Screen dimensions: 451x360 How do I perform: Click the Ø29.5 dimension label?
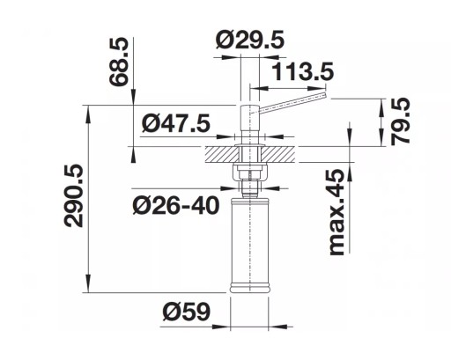coord(250,40)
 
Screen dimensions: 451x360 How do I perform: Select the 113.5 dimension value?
coord(303,71)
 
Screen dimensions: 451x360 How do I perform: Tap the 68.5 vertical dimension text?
coord(119,62)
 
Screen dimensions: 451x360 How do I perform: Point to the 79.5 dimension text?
coord(400,121)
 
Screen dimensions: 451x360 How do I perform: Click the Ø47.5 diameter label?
coord(176,123)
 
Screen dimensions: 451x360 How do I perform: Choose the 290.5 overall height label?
coord(73,195)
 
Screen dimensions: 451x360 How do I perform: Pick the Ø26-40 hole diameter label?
coord(176,205)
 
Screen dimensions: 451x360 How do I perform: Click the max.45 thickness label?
coord(336,212)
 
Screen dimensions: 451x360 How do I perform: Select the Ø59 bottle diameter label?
coord(187,312)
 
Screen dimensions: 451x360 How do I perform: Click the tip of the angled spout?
coord(325,95)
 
